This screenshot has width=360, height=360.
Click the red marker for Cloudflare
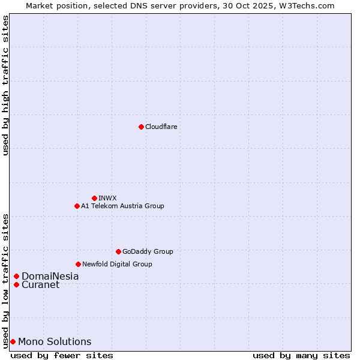[141, 127]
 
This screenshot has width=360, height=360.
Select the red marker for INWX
[94, 198]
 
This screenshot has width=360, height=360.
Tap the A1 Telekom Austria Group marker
[77, 206]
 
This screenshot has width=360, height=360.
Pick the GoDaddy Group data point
[118, 251]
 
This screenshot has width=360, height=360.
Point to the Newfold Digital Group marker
[78, 264]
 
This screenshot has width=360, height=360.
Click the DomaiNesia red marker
[16, 277]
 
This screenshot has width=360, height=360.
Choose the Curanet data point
[16, 284]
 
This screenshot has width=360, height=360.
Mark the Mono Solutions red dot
[13, 341]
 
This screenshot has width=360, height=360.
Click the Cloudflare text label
[161, 127]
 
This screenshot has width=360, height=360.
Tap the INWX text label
[107, 198]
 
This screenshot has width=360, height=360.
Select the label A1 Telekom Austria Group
[122, 206]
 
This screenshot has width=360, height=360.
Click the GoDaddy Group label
[148, 251]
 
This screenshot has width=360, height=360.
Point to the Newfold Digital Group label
[117, 264]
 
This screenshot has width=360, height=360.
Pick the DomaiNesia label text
[50, 277]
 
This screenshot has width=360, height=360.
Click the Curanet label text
[40, 285]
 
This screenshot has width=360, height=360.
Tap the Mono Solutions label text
[55, 342]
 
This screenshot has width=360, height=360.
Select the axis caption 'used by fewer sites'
[62, 355]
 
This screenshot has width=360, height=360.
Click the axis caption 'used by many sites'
[301, 355]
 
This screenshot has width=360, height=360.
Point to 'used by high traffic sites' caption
[5, 85]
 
